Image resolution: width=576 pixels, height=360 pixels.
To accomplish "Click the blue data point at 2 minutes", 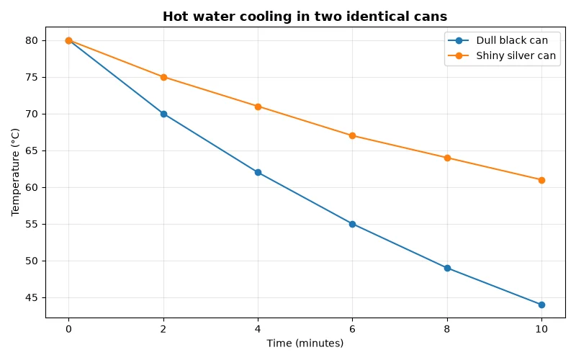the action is (163, 114).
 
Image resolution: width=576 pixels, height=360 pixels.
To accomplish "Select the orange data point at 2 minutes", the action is (163, 77).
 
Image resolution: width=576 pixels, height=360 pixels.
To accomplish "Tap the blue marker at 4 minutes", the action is (258, 172).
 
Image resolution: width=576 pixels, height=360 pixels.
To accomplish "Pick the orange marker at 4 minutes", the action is (258, 107).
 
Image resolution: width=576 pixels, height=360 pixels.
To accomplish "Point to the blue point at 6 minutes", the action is (352, 224).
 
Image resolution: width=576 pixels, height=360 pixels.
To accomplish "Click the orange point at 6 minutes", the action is (352, 135).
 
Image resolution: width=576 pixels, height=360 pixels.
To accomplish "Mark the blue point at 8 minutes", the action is (447, 268).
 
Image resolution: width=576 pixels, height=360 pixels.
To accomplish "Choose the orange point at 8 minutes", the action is (447, 158).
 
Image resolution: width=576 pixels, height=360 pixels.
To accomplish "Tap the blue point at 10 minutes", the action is (541, 305).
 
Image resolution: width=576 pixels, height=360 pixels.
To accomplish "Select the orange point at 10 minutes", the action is (541, 180).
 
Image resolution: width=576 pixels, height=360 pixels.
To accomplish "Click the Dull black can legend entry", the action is (498, 40).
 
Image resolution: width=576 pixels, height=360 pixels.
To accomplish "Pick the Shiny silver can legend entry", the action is (502, 55).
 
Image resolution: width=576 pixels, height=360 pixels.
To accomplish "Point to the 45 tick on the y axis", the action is (32, 297).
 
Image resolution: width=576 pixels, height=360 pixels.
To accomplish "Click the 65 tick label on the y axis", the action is (32, 150).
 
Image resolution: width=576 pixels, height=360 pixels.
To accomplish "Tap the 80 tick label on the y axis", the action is (32, 40).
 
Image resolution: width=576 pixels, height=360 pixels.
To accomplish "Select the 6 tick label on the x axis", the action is (352, 329).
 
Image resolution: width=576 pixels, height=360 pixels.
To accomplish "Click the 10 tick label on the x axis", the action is (541, 329).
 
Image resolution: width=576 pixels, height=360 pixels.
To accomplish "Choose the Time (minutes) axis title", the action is (305, 343).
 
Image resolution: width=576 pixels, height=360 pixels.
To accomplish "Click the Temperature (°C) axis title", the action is (15, 172).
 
